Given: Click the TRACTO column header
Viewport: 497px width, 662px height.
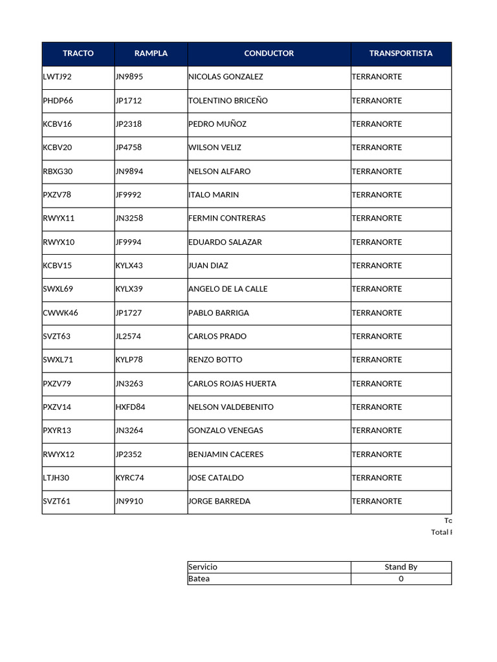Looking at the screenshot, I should point(78,54).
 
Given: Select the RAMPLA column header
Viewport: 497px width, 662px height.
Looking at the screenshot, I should point(151,54).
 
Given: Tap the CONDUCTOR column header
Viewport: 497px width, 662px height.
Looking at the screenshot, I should point(269,54).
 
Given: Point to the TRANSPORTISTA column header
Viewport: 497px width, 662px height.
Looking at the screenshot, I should point(401,54).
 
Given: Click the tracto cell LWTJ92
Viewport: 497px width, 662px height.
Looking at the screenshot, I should point(58,77).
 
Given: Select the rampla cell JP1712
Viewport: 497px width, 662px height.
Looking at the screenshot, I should point(129,101).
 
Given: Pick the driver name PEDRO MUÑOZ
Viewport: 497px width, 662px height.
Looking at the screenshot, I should point(217,124).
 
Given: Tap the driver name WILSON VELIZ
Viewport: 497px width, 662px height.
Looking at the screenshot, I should point(215,147).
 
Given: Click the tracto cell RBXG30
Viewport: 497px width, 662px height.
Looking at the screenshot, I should point(56,171).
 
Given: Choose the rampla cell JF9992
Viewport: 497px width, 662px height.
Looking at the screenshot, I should point(129,195).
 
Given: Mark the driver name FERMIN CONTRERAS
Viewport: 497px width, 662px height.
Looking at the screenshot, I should point(226,219).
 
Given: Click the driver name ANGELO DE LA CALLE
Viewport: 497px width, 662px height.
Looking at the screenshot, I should point(228,289).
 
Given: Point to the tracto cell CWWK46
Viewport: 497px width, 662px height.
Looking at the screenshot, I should point(60,313).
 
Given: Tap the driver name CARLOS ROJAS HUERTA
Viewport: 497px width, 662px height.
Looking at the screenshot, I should point(232,384).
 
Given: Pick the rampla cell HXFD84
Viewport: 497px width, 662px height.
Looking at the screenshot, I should point(131,407).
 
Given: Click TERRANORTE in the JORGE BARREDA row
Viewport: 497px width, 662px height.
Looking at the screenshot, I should point(377,502).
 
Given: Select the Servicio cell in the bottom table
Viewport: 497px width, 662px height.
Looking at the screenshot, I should point(203,567).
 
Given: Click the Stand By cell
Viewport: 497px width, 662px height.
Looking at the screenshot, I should point(401,567).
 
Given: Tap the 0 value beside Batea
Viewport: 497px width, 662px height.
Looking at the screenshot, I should point(401,579).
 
